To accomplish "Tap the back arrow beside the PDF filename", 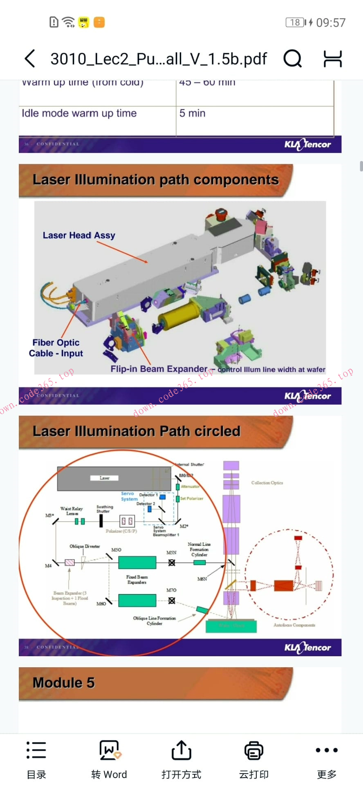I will coord(29,59).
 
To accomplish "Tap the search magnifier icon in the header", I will coord(293,59).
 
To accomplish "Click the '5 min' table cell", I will coord(193,113).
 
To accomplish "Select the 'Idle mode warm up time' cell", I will coord(79,113).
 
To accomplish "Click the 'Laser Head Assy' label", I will coord(79,235).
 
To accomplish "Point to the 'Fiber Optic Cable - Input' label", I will coord(56,348).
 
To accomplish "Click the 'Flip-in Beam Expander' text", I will coord(159,369).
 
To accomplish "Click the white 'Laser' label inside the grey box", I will coord(104,478).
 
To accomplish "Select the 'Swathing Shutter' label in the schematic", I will coord(104,509).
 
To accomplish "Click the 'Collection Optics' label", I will coord(267,483).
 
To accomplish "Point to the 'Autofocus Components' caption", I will coord(294,625).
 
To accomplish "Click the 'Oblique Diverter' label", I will coord(85,546).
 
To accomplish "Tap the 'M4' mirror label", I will coord(48,566).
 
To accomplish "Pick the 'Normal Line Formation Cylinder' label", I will coord(199,549).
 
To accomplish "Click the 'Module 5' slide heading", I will coord(64,682).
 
